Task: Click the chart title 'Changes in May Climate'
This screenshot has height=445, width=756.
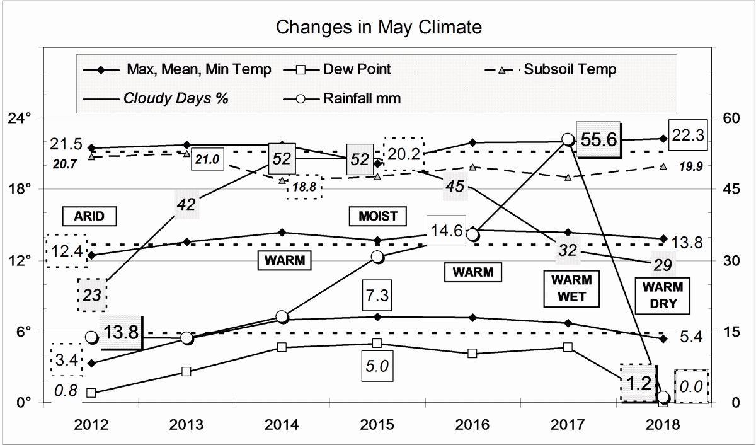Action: click(379, 28)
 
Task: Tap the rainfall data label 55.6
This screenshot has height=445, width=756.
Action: click(599, 140)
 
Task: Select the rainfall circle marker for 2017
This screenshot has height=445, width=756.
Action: click(568, 139)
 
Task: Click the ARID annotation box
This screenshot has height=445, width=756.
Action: click(91, 216)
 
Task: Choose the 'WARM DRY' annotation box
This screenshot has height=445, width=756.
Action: click(663, 295)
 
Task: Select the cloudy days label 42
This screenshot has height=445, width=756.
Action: click(186, 204)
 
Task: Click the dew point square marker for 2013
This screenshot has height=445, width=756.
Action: click(186, 371)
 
